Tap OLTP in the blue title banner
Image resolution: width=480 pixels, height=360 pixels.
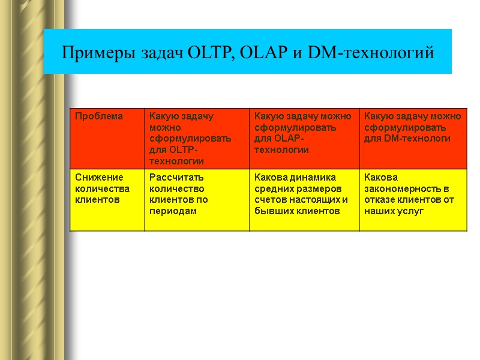209,53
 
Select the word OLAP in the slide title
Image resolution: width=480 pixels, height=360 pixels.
263,53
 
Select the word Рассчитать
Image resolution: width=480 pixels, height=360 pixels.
176,178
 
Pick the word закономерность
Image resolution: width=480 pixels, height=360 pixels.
397,189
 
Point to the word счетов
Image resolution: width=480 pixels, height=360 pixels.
271,200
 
